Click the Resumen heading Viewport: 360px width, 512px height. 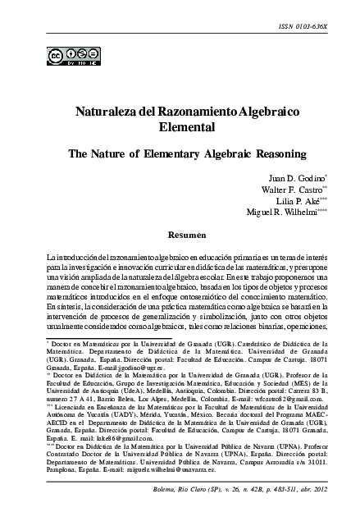pos(180,235)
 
